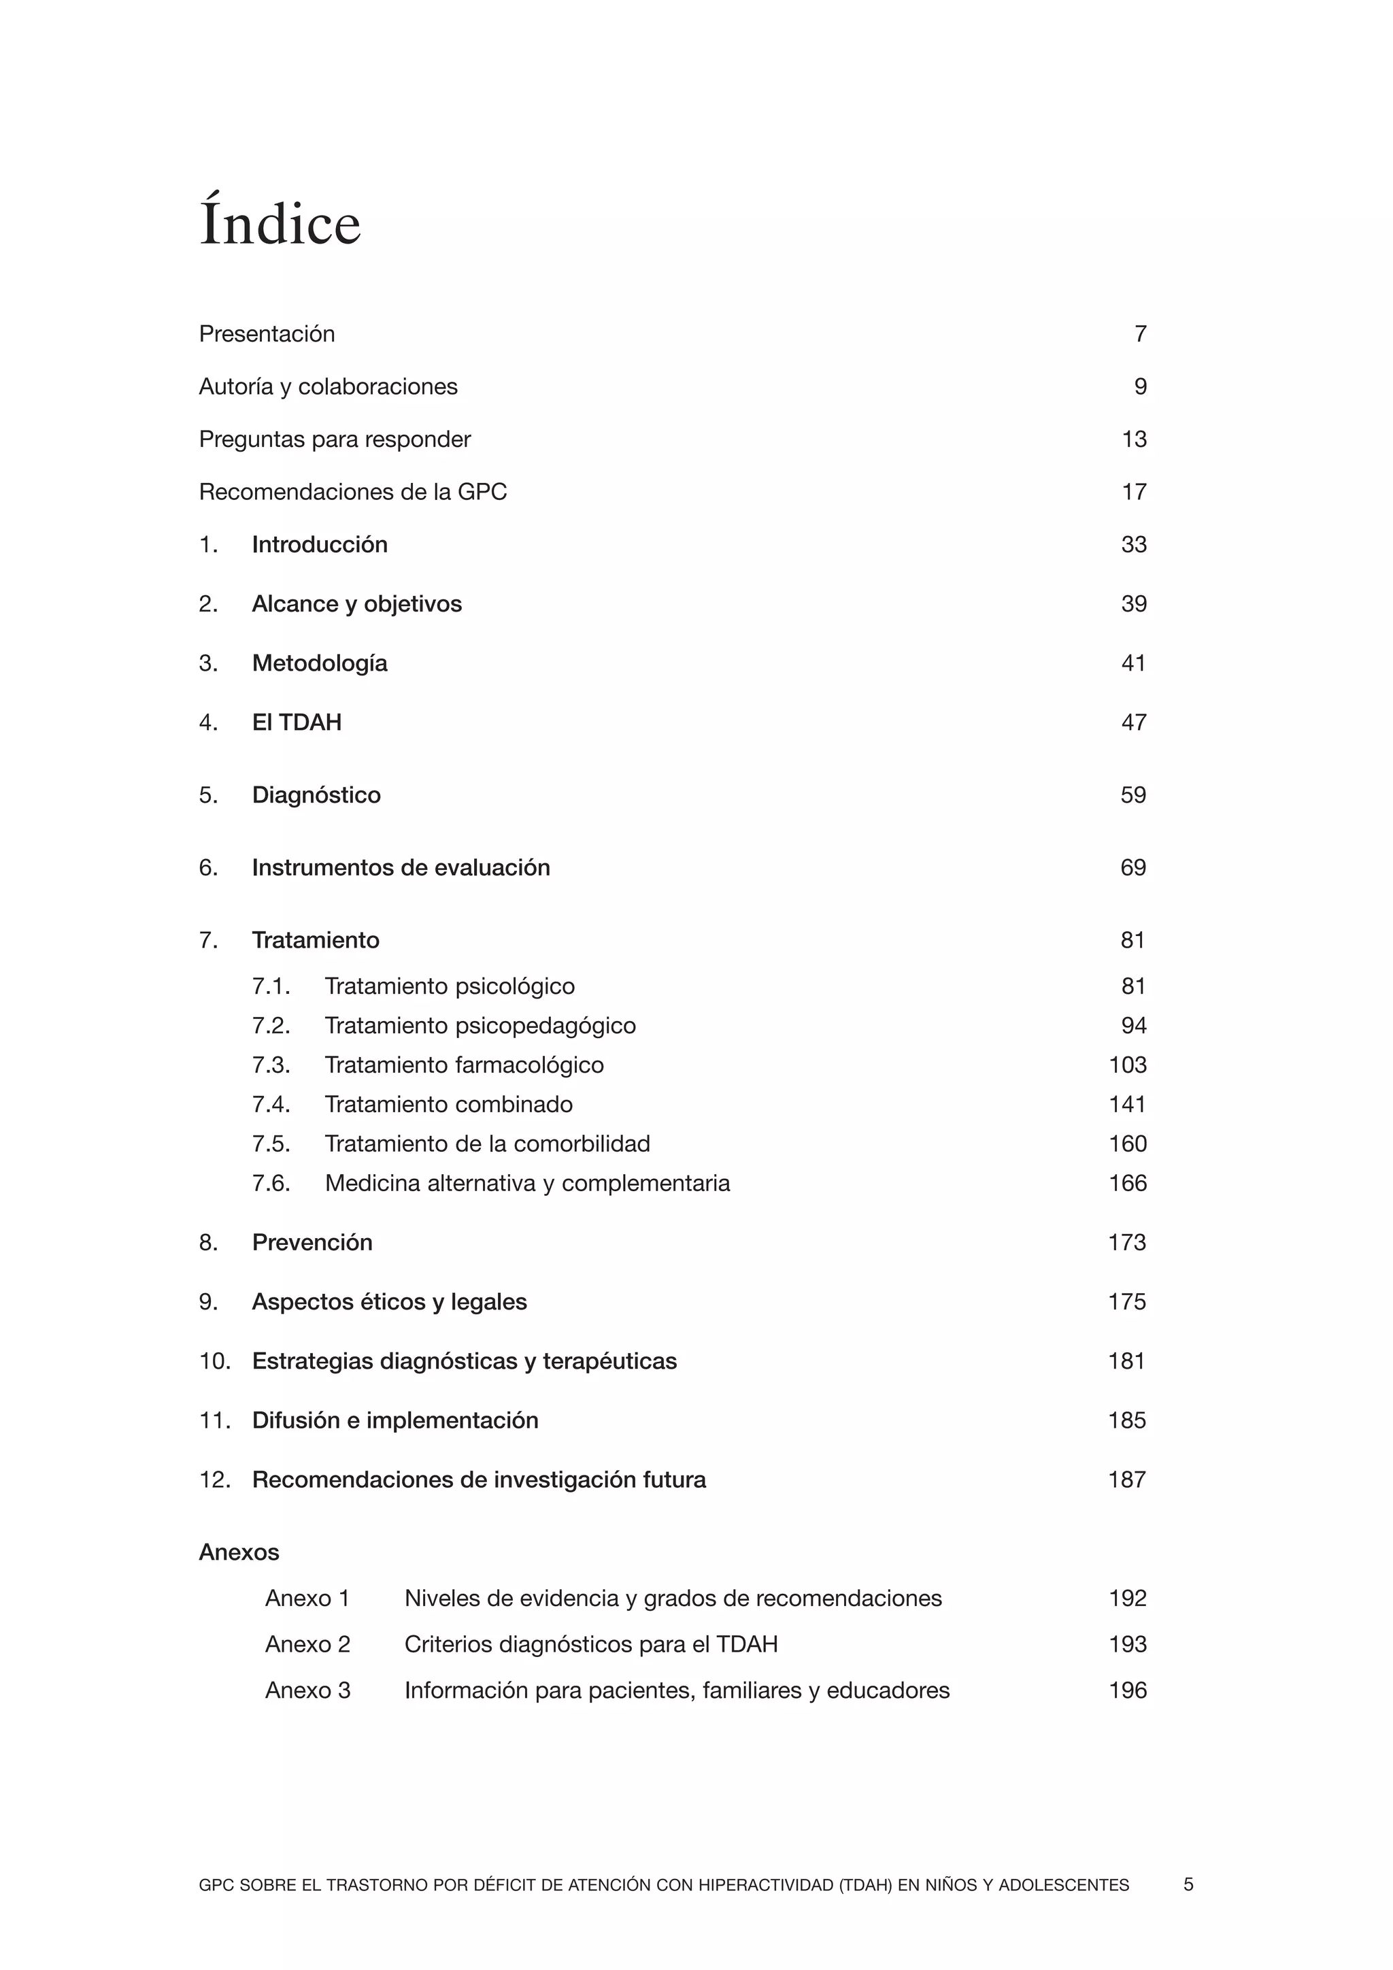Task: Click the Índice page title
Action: (x=280, y=223)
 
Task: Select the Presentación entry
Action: (x=267, y=334)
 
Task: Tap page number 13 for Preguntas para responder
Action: (x=1134, y=439)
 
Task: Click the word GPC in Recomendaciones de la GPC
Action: (x=482, y=492)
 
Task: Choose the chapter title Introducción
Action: (x=319, y=545)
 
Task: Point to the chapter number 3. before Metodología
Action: (x=208, y=663)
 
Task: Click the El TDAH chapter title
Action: (x=297, y=722)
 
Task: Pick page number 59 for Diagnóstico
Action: (x=1133, y=795)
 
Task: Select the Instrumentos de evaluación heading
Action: (x=401, y=867)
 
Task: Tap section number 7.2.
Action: (x=271, y=1026)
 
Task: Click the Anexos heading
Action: (x=239, y=1553)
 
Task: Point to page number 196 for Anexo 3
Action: (x=1127, y=1691)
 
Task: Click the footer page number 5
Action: (x=1188, y=1885)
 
